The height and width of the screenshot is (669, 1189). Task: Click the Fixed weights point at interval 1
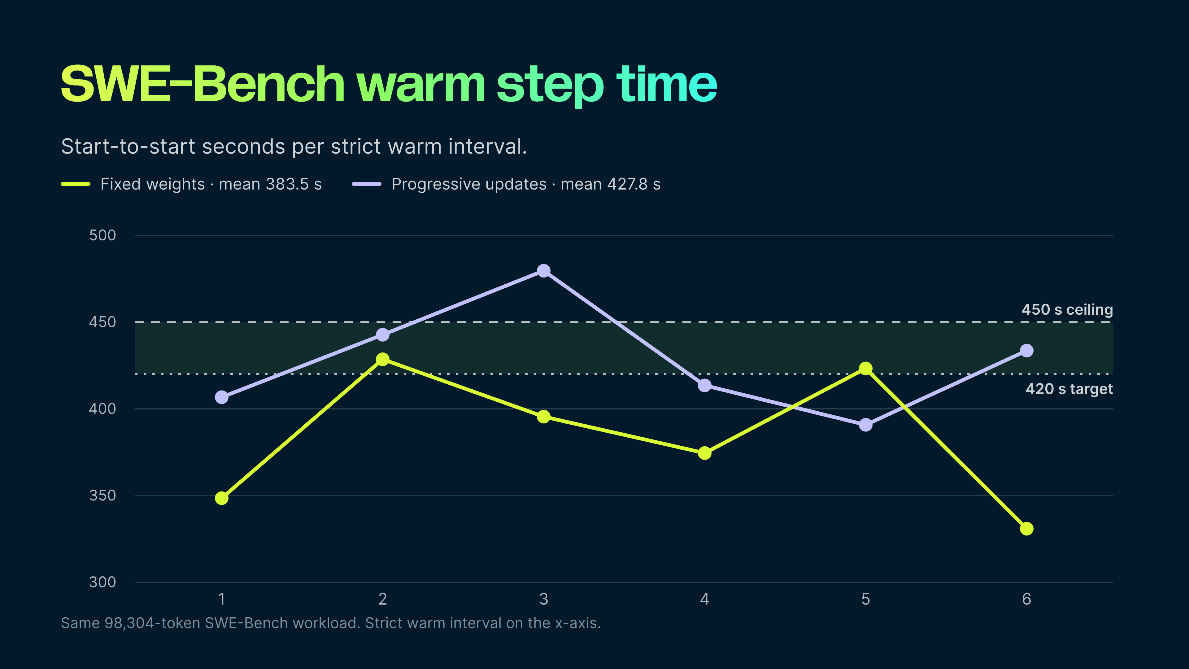pos(222,498)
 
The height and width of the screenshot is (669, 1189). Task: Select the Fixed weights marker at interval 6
pos(1026,529)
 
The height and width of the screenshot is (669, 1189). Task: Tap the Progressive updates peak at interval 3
pos(544,271)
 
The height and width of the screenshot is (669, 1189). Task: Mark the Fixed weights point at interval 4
pos(704,453)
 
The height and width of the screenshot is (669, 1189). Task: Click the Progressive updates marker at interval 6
pos(1026,351)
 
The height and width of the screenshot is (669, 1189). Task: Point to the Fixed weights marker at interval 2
pos(383,359)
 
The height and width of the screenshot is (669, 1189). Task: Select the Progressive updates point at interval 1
pos(222,397)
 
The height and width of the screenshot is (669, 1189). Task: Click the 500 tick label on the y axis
pos(102,235)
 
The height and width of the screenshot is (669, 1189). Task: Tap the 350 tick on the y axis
pos(102,496)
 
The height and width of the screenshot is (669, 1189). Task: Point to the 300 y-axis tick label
pos(102,582)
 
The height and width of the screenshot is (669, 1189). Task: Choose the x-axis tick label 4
pos(704,599)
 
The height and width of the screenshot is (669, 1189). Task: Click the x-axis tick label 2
pos(383,599)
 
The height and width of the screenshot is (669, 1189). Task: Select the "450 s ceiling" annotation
pos(1067,309)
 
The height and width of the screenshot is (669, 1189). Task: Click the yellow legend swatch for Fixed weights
pos(76,184)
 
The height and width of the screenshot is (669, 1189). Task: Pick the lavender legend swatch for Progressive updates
pos(367,184)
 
